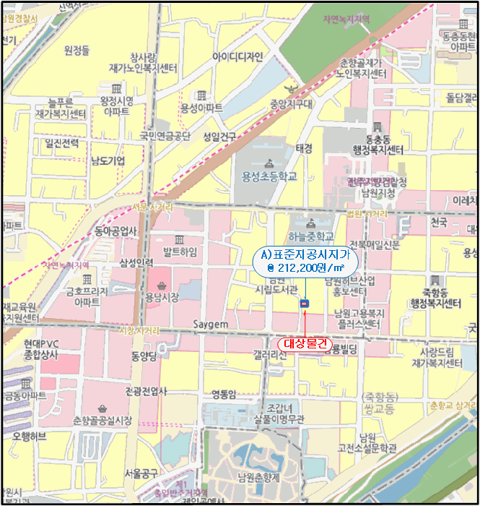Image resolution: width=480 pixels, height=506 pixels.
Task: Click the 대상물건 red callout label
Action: coord(304,344)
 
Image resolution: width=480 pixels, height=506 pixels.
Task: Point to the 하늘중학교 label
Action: coord(311,236)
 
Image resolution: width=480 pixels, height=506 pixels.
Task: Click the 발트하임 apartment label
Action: coord(180,251)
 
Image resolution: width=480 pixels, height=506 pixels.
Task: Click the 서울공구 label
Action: coord(141,474)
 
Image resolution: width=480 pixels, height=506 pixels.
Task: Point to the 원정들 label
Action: coord(77,50)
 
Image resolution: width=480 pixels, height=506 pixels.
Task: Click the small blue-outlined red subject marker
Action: coord(304,304)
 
